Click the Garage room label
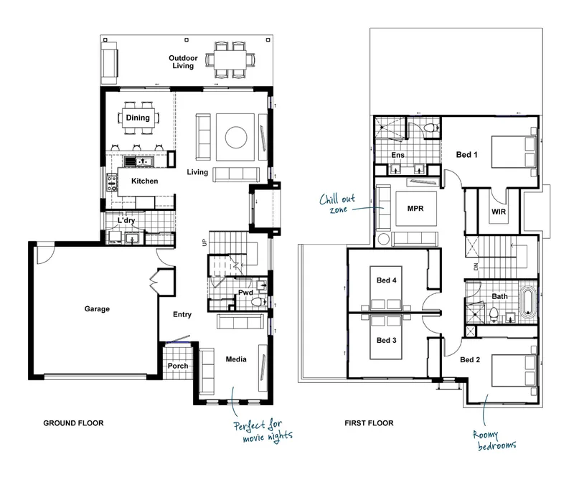point(97,309)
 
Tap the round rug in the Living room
point(236,138)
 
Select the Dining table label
point(138,118)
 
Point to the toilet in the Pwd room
point(258,302)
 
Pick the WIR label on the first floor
point(499,212)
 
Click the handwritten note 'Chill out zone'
point(337,204)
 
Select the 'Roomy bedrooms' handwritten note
point(494,440)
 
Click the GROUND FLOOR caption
point(73,423)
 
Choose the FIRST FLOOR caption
point(369,423)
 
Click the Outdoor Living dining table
point(230,60)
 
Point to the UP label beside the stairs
point(204,242)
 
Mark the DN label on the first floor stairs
point(476,266)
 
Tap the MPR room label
point(415,208)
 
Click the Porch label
point(178,366)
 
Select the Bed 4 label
point(386,280)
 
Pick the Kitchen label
point(145,181)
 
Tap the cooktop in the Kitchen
point(112,182)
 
